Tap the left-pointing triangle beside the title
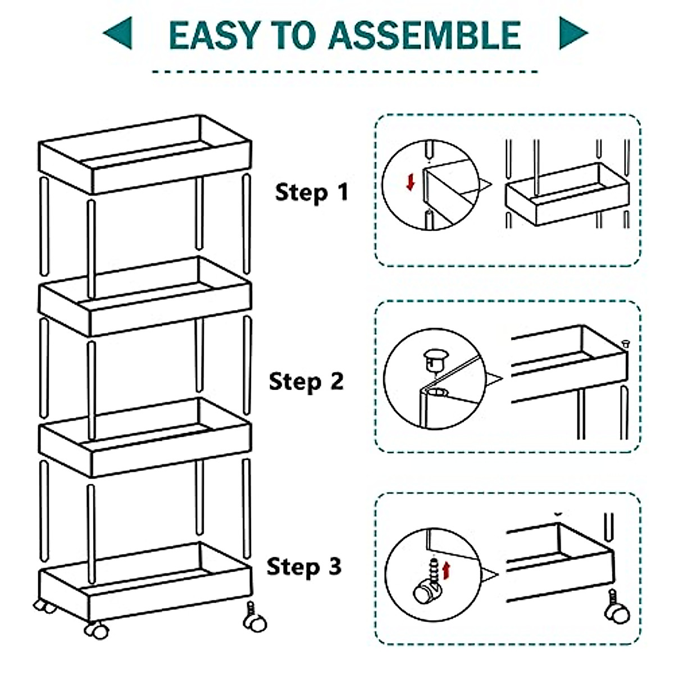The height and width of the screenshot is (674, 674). pos(119,33)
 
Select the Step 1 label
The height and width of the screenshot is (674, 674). pos(312,193)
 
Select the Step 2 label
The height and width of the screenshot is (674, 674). pos(306,382)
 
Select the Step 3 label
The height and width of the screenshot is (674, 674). pos(304,566)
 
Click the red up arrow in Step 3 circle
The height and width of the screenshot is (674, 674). pos(447,571)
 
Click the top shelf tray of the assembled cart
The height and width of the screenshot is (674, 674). pos(144,154)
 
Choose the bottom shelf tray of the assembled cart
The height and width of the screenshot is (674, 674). pos(144,579)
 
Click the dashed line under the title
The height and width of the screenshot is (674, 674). pos(345,72)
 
